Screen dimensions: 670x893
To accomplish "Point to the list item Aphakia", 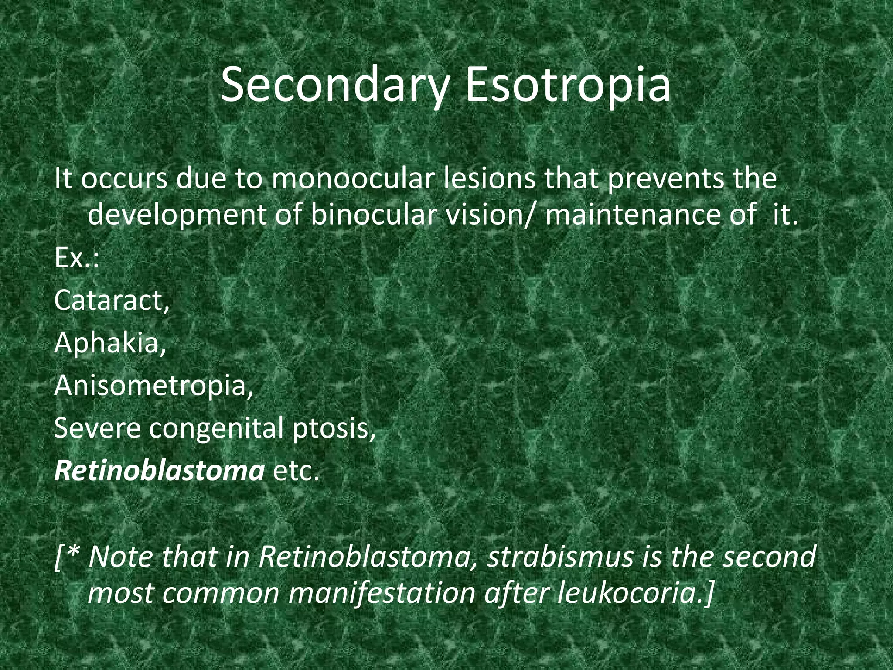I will (110, 343).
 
